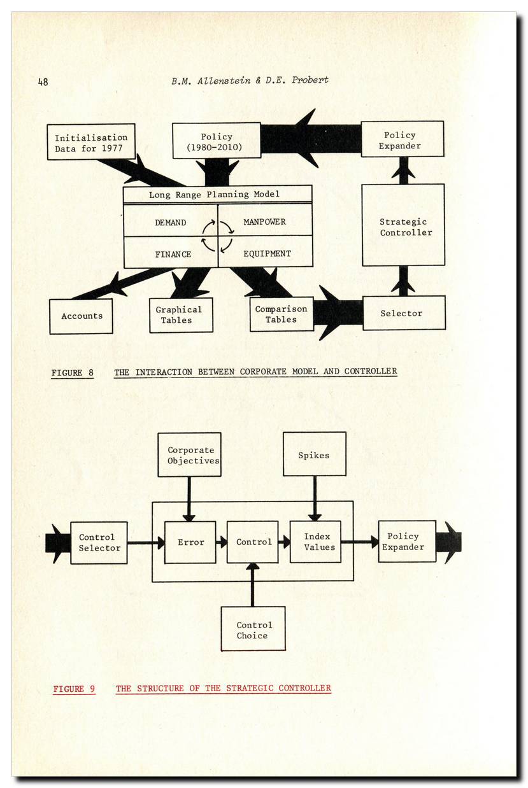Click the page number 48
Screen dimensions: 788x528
coord(43,81)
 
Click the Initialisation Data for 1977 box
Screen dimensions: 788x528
coord(91,142)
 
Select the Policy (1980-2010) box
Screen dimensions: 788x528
coord(217,141)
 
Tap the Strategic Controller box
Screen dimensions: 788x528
coord(403,225)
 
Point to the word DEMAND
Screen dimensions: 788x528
coord(171,223)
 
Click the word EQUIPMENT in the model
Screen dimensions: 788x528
coord(267,253)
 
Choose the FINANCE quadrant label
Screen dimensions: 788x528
coord(173,254)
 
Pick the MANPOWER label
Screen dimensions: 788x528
coord(264,222)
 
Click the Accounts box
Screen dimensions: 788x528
coord(82,316)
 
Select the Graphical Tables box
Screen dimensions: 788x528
coord(181,314)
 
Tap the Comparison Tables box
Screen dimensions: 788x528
coord(281,314)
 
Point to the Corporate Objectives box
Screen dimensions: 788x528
coord(189,455)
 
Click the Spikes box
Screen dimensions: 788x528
coord(314,455)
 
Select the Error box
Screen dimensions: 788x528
coord(190,542)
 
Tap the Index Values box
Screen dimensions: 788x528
coord(315,542)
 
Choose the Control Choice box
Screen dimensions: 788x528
coord(252,630)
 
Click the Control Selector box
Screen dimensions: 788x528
coord(99,543)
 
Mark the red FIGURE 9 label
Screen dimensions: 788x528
coord(74,689)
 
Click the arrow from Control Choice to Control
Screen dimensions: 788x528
coord(252,586)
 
